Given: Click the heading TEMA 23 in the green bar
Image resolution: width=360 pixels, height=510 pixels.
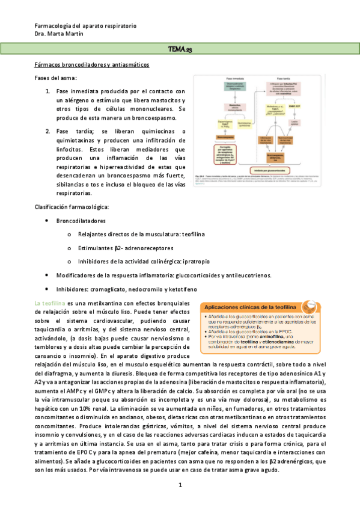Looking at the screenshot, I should click(x=180, y=49).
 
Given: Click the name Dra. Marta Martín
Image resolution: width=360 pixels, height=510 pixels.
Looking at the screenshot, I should click(x=59, y=34).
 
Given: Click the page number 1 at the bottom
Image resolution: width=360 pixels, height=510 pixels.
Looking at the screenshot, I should click(x=180, y=485).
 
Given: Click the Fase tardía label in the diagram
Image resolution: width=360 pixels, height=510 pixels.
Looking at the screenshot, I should click(x=283, y=79).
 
